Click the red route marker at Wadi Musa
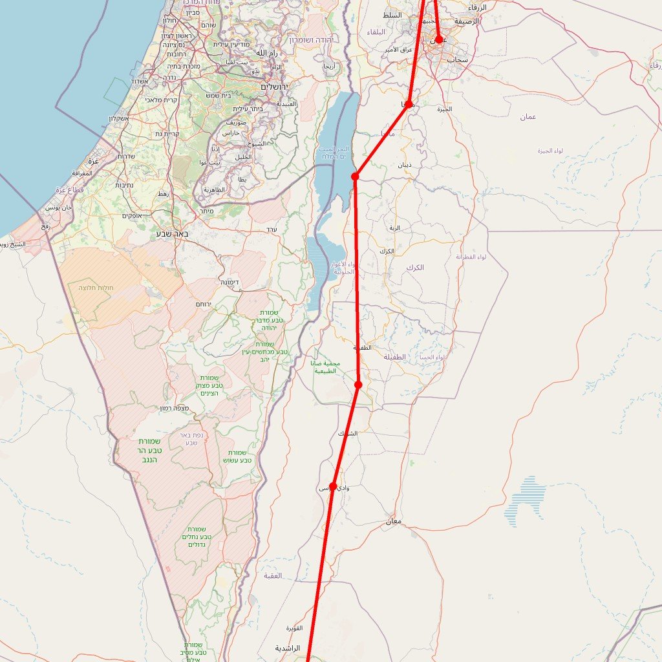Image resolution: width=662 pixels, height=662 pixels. coord(333,486)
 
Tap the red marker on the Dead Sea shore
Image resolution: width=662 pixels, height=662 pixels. coord(355,176)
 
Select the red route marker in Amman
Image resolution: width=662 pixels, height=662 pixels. coord(439,39)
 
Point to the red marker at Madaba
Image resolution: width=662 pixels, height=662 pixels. coord(409,104)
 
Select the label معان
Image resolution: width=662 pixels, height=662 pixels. coord(393,521)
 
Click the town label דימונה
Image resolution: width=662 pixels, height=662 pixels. coord(231,283)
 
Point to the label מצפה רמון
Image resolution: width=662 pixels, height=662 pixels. coord(175,409)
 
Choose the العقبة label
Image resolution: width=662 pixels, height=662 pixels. coord(273,575)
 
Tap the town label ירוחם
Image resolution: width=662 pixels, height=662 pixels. coord(204,304)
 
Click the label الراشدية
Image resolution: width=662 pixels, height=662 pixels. coord(288,648)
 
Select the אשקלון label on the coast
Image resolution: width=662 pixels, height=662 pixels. coord(118,118)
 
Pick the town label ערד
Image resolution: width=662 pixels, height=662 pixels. coord(272,230)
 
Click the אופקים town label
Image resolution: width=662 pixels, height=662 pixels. coord(136,215)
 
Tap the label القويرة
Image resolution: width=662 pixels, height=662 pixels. coord(294,628)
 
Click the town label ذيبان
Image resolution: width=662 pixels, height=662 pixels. coord(404,165)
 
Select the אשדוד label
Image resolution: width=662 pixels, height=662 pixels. coord(140,81)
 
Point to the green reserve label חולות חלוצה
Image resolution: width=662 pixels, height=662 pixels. coord(96,288)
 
